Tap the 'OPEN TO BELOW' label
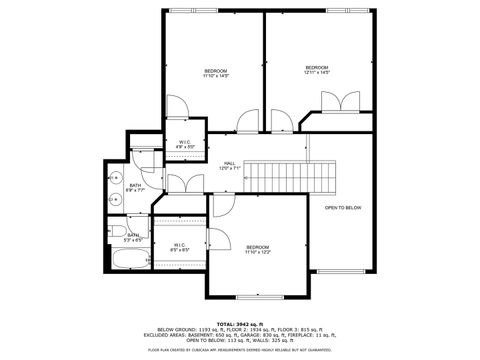pos(342,207)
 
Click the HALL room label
pos(229,166)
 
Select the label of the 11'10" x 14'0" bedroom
pos(215,73)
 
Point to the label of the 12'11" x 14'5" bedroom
pos(317,70)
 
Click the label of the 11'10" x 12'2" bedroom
pos(257,249)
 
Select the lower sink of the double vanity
pos(113,199)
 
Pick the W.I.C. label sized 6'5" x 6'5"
pos(179,246)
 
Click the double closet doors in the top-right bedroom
pos(337,102)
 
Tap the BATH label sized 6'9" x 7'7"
pos(136,186)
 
